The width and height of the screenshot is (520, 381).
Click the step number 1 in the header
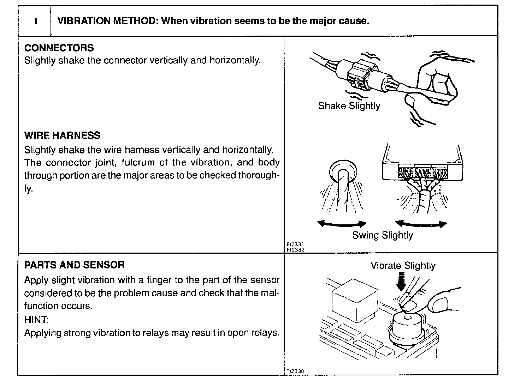35,21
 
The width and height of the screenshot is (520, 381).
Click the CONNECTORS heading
59,48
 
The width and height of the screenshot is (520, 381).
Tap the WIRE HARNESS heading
62,135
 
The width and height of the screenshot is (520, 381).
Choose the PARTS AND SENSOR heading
74,265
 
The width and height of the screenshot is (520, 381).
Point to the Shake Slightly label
349,106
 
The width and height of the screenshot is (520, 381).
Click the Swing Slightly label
382,235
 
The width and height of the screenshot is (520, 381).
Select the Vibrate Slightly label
403,266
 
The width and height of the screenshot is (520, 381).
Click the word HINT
36,320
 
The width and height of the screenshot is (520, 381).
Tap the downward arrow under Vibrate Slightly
401,282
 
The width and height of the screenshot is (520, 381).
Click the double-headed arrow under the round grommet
342,223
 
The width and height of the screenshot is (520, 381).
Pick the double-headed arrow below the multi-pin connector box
420,223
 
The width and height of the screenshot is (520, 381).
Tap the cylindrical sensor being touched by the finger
407,326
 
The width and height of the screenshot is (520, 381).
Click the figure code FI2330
295,371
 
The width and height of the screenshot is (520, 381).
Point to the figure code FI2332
295,249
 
